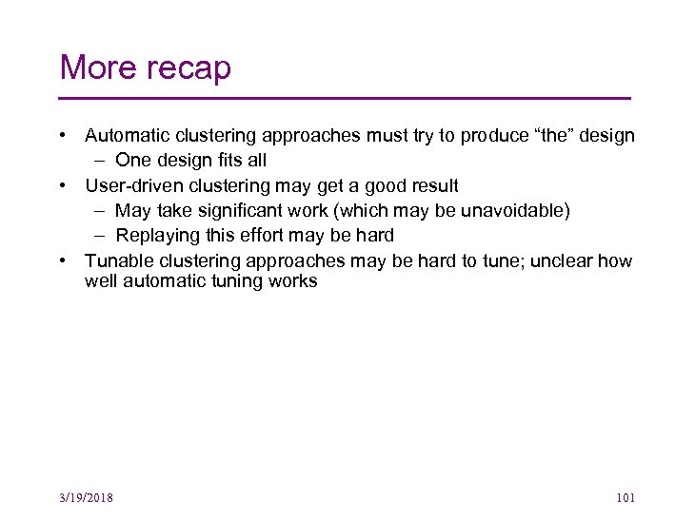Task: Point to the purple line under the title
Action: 345,99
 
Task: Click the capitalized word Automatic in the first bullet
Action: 126,136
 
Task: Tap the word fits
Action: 221,161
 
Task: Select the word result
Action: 432,185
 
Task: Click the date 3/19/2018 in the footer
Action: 86,498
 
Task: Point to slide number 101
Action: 625,498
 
